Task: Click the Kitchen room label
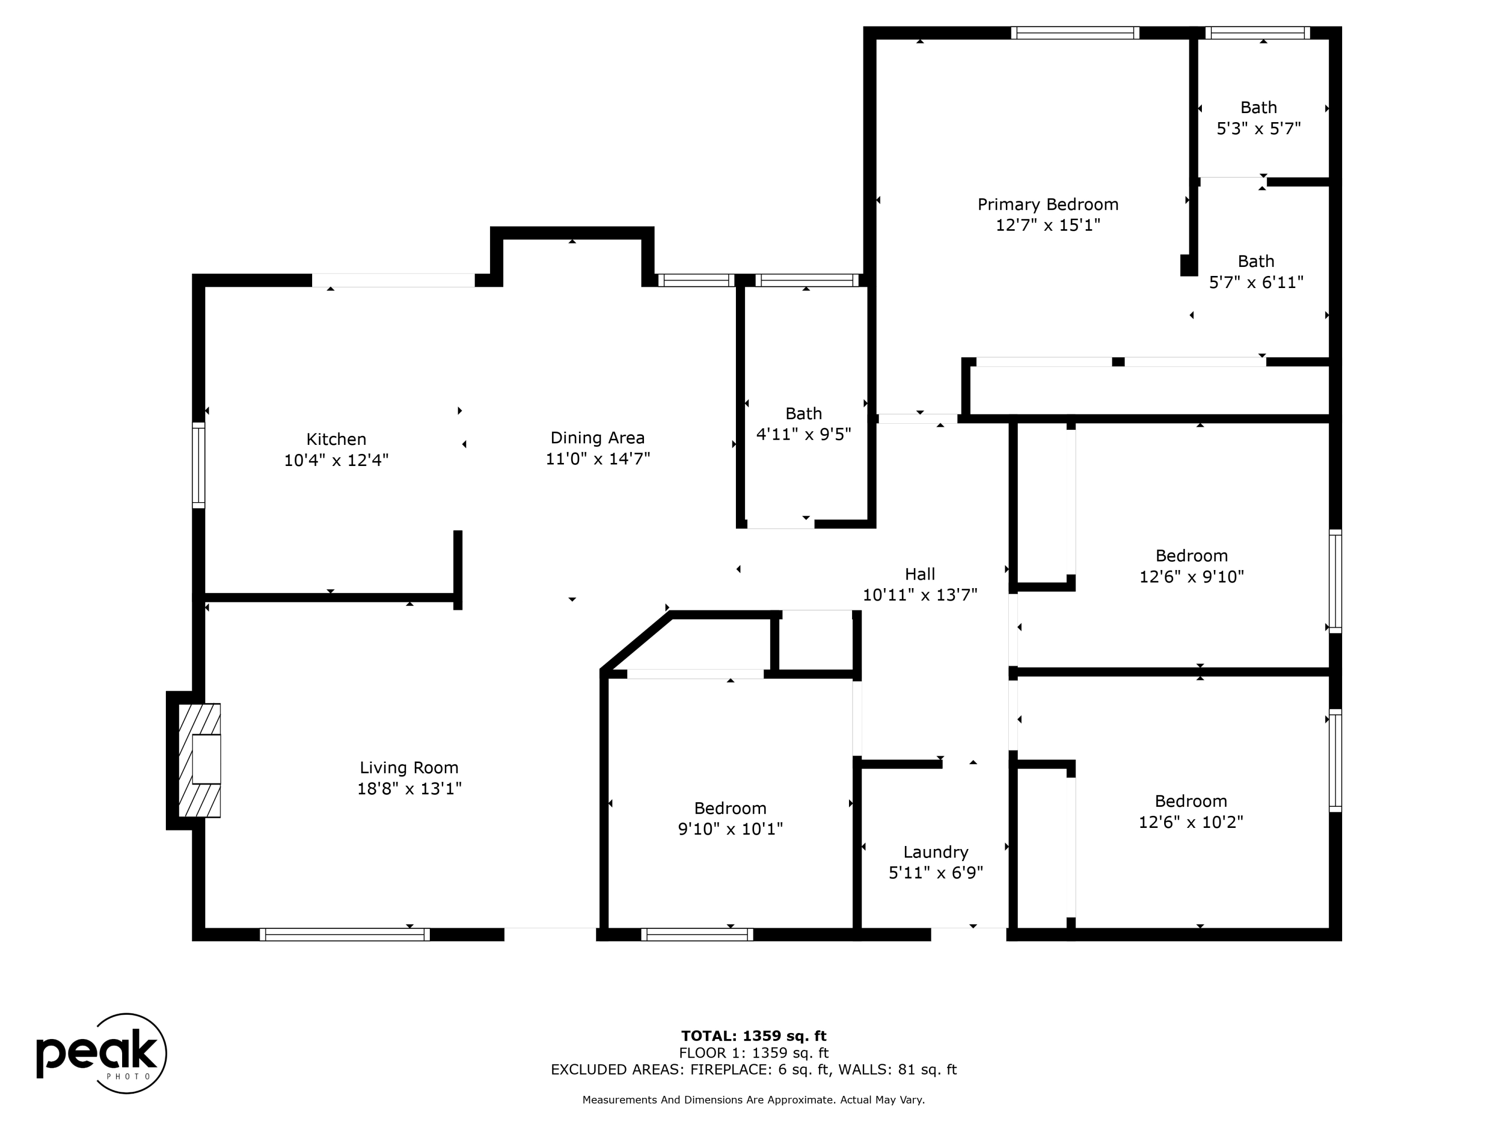(x=336, y=439)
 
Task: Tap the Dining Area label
(x=597, y=438)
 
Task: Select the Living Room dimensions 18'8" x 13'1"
(x=410, y=789)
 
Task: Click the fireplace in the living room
(x=199, y=760)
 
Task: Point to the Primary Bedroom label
(x=1048, y=205)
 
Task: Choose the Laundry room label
(x=935, y=852)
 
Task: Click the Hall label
(x=920, y=574)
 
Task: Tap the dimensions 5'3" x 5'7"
(x=1259, y=128)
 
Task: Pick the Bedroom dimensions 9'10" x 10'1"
(x=730, y=829)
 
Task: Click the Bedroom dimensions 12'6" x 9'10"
(x=1192, y=577)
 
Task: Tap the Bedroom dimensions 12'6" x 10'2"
(x=1191, y=822)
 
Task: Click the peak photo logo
(x=101, y=1053)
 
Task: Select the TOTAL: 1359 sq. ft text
(x=753, y=1036)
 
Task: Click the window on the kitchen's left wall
(x=199, y=465)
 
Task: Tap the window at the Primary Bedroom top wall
(x=1075, y=33)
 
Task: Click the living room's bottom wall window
(x=344, y=934)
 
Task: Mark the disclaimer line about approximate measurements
(x=753, y=1100)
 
